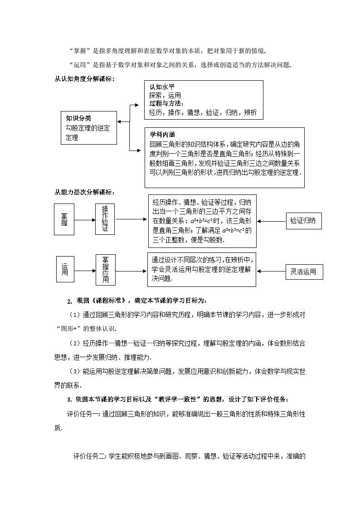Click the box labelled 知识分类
88,127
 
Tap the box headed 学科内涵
224,157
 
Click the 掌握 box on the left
64,219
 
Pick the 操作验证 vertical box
105,219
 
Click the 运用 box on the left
65,271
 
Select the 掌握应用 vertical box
105,270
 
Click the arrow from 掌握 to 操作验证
85,220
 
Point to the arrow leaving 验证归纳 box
271,221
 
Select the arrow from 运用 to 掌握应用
85,271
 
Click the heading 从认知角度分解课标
84,79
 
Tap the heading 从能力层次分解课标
84,192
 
